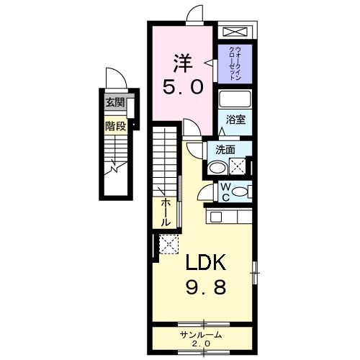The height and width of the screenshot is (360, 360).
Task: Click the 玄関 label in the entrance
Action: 114,103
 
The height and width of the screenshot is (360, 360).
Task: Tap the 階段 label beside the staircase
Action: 114,125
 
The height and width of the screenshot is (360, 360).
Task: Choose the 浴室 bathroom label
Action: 236,120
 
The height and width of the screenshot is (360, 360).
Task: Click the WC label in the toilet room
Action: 224,192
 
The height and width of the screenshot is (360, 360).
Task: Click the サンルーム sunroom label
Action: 201,335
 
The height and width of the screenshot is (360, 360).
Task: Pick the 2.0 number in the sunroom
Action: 202,345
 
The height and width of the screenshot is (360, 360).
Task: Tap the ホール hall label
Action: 166,212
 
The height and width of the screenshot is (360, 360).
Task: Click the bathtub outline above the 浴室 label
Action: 235,99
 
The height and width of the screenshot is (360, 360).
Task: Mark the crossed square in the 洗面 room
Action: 238,166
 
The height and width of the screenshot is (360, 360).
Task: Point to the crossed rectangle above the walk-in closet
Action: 235,33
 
